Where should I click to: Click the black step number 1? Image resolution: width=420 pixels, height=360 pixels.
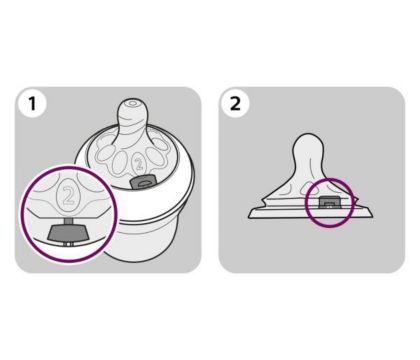[x=32, y=103]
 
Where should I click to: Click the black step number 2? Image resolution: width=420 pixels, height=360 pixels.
[x=235, y=103]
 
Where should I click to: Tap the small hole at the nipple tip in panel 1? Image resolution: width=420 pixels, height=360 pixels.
[x=132, y=103]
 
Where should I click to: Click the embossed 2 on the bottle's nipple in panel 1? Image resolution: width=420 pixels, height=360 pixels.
[x=138, y=164]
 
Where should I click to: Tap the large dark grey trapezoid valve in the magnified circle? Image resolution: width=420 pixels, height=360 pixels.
[x=68, y=232]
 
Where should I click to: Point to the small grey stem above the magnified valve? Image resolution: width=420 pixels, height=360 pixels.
[x=68, y=221]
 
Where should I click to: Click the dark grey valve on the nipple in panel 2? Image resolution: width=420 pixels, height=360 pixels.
[x=329, y=202]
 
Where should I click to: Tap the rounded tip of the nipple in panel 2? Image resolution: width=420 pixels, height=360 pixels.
[x=309, y=136]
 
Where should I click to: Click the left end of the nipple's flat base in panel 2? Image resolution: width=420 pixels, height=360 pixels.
[x=249, y=217]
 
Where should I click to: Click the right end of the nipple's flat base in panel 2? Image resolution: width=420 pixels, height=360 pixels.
[x=372, y=217]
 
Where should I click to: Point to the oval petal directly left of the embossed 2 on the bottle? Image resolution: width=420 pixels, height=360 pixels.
[x=119, y=162]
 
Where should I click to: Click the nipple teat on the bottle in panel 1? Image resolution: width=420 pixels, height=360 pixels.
[x=133, y=118]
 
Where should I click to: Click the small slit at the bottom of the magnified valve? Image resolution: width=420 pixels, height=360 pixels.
[x=68, y=244]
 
